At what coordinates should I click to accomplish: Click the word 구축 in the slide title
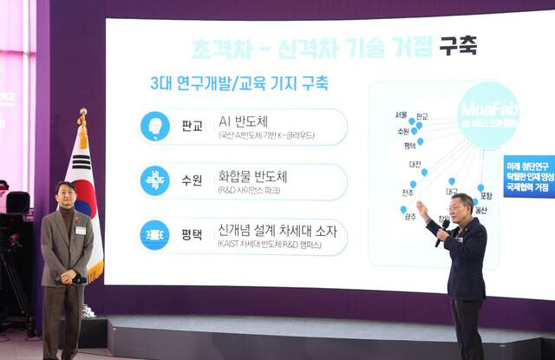point(457,45)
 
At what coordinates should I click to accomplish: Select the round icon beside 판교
point(155,127)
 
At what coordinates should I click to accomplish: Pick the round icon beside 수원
point(155,180)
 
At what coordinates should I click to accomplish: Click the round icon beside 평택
point(155,234)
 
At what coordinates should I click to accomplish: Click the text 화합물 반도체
point(253,176)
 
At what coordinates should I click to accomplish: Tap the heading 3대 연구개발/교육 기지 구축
point(239,84)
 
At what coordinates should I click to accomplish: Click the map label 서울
point(401,115)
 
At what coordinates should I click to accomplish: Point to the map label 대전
point(415,164)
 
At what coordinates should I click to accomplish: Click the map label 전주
point(408,193)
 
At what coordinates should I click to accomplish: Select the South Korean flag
point(84,191)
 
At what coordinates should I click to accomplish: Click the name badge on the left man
point(81,230)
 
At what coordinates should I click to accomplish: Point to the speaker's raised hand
point(423,209)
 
